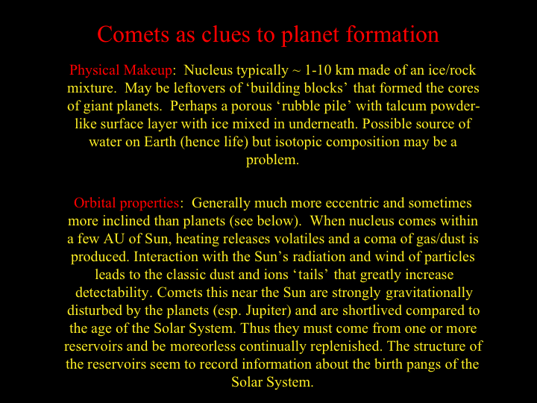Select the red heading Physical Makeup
click(x=121, y=71)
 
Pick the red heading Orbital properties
click(x=126, y=203)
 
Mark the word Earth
click(x=160, y=142)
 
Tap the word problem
click(x=272, y=160)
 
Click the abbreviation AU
click(x=113, y=239)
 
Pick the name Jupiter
click(x=268, y=310)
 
